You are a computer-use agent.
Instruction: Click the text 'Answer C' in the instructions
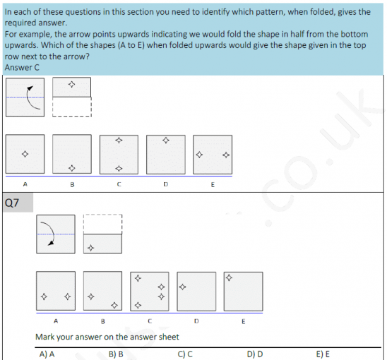[22, 67]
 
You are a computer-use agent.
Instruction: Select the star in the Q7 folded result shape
[90, 248]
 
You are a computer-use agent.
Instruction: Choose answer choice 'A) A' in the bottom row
[48, 354]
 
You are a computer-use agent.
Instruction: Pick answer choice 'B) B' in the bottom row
[116, 354]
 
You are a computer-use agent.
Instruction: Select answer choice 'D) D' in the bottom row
[255, 354]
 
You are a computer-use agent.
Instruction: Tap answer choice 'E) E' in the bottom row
[323, 354]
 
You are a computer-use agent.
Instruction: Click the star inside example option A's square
[25, 154]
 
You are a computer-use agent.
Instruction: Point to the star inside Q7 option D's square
[182, 287]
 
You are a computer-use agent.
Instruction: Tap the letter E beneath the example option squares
[213, 184]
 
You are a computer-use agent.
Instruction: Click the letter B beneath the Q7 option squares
[103, 321]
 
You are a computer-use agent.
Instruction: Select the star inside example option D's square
[166, 140]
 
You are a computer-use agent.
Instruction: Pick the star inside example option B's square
[71, 167]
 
